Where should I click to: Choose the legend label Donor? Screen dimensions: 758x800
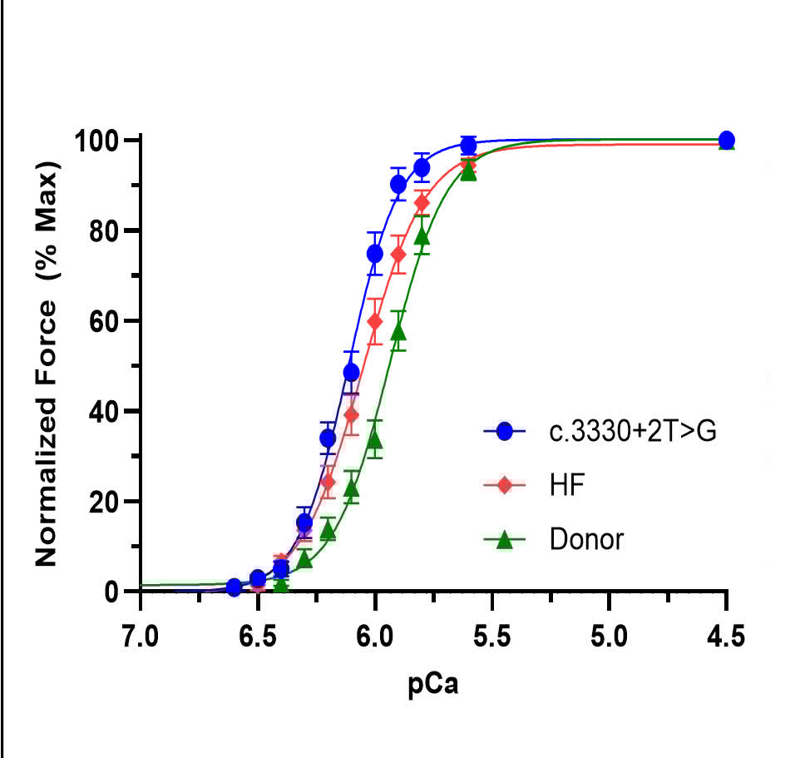coord(585,539)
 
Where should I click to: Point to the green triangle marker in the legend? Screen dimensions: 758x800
coord(503,539)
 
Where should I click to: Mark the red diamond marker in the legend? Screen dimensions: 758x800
coord(503,485)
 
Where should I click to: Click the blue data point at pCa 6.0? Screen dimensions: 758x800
coord(374,253)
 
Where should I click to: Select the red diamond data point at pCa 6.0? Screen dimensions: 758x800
coord(374,321)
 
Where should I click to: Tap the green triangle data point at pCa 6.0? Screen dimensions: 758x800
coord(374,438)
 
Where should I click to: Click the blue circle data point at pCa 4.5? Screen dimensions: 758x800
coord(726,140)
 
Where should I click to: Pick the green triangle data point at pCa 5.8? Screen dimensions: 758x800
coord(422,236)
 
